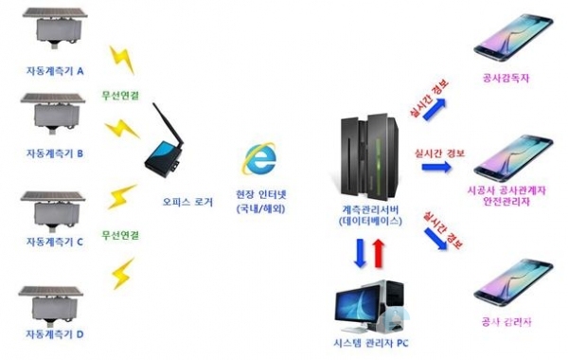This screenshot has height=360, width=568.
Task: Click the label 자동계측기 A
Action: tap(54, 71)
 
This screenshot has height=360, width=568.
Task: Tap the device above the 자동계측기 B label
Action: tap(54, 114)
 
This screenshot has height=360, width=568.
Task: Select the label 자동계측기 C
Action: tap(54, 242)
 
